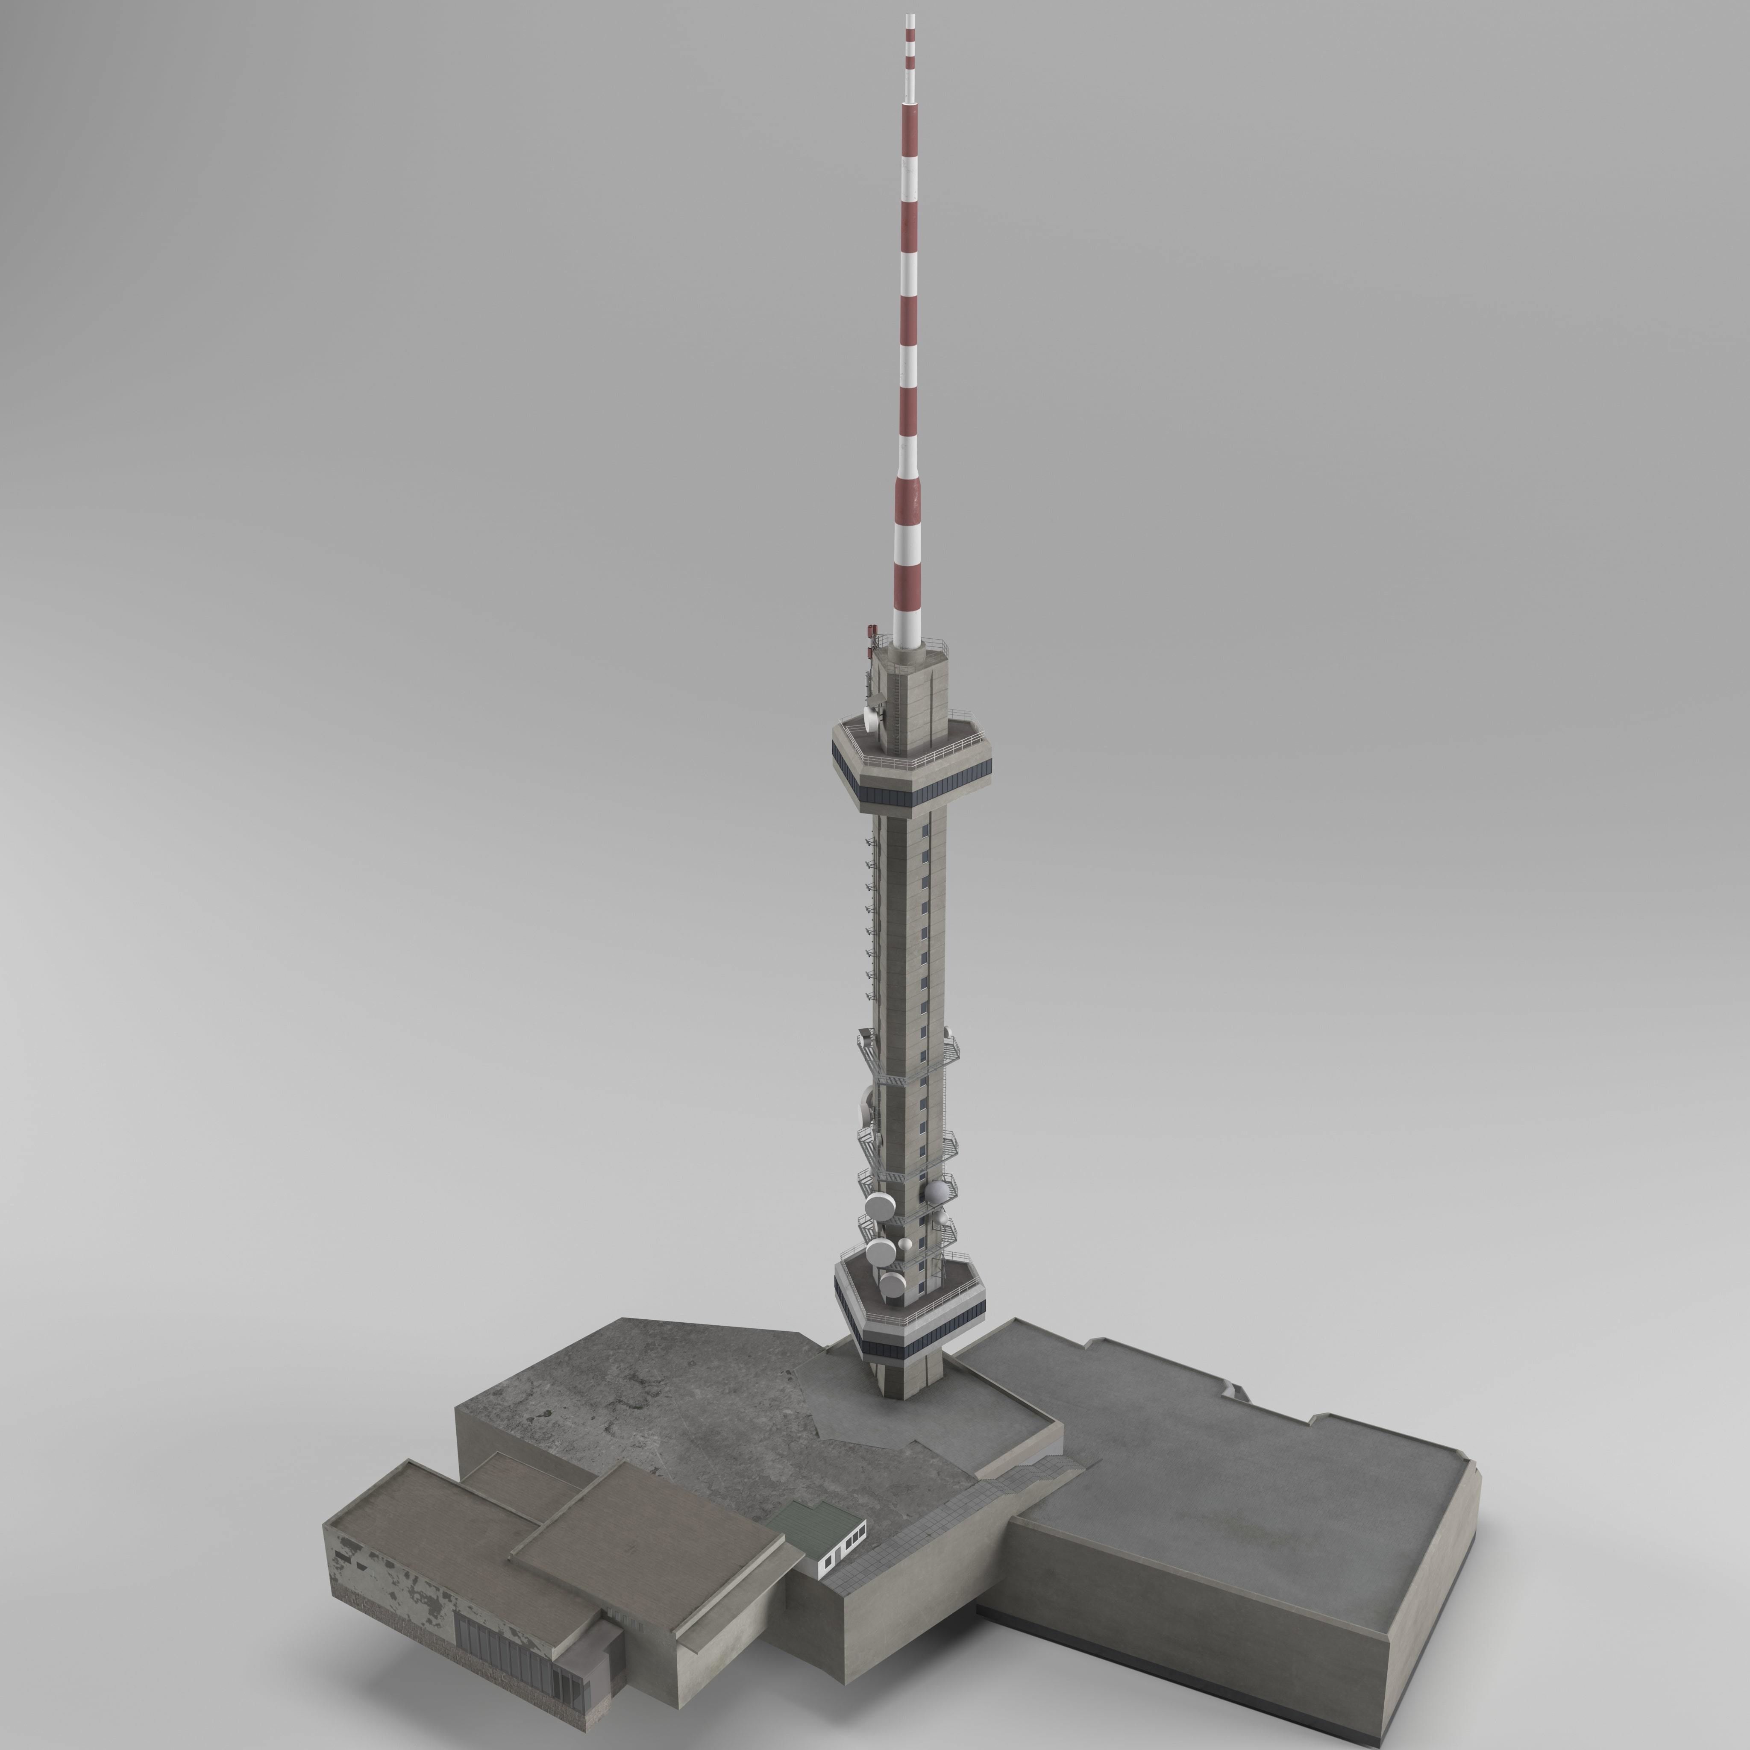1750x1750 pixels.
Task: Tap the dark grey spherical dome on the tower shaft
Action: tap(937, 1189)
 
